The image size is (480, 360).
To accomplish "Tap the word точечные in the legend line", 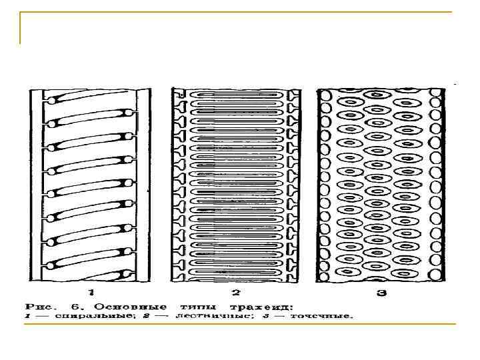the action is click(322, 317).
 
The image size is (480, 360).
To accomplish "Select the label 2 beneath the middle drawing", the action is click(235, 292).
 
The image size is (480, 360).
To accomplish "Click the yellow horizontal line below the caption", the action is click(239, 324).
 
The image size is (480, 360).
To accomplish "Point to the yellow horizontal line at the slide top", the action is click(240, 13).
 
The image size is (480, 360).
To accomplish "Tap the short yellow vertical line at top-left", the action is click(21, 29).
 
